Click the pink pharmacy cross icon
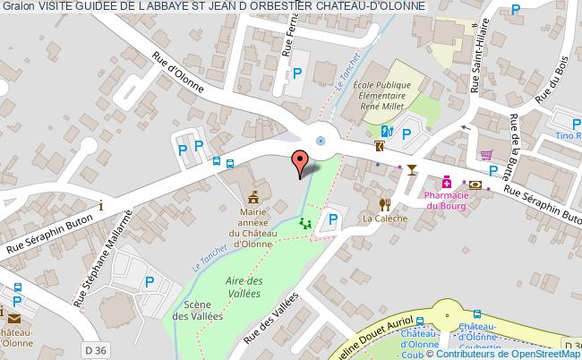(446, 182)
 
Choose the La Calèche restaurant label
(385, 218)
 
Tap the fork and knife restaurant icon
(385, 204)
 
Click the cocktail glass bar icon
(411, 169)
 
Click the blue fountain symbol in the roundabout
(321, 140)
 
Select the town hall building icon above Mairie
(253, 195)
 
